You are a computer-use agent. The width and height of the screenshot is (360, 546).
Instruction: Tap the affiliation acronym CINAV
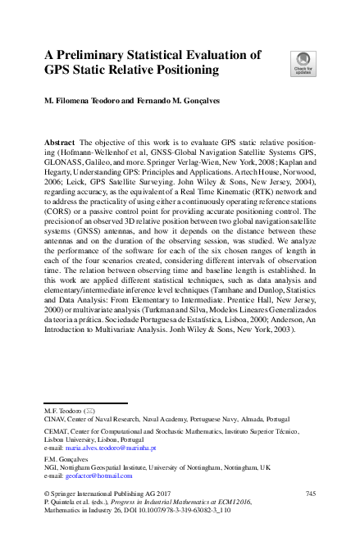(53, 417)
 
